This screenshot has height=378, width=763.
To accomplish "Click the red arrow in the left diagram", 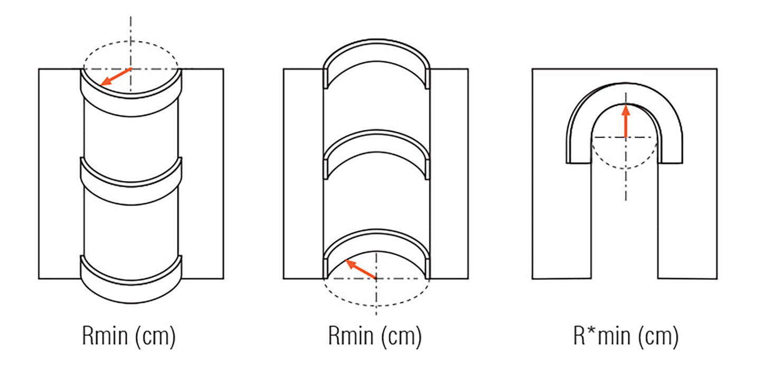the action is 116,77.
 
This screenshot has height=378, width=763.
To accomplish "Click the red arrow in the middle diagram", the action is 361,269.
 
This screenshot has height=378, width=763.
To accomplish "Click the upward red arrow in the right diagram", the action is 626,121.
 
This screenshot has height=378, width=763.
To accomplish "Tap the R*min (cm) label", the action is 626,336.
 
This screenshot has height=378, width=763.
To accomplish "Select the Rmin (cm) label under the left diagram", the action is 129,336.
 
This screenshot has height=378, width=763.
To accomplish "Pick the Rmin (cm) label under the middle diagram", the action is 375,336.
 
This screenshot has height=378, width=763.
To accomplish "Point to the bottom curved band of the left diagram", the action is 131,294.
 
